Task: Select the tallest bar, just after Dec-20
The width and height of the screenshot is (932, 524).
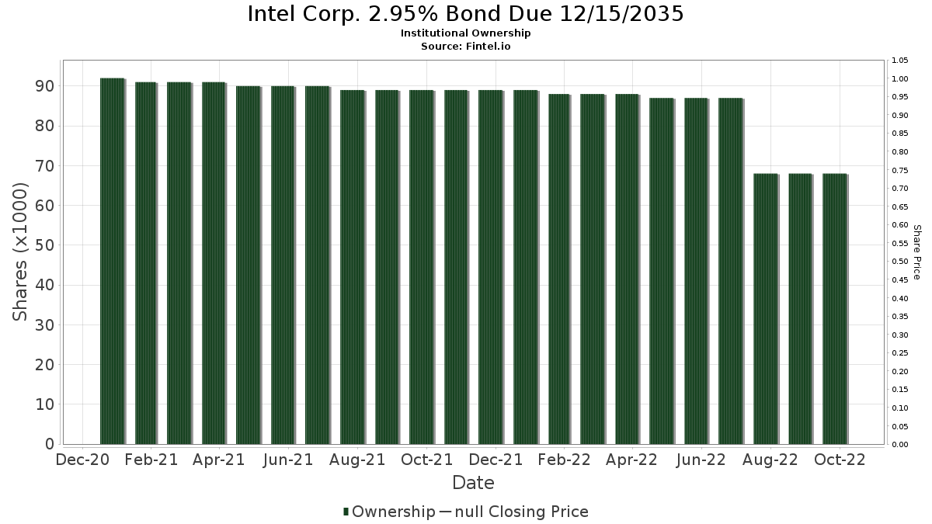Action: (112, 261)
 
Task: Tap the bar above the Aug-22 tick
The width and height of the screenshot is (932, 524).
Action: (765, 308)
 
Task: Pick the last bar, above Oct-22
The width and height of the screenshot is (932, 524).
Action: (834, 308)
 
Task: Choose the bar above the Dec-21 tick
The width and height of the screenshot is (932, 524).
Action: (490, 267)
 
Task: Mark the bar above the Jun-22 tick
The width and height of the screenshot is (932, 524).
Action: (696, 271)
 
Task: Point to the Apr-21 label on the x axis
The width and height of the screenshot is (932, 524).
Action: (220, 460)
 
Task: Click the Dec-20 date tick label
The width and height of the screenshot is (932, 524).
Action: (82, 460)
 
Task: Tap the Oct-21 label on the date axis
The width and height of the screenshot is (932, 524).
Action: (426, 460)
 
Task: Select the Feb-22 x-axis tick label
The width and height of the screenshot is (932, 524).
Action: (564, 460)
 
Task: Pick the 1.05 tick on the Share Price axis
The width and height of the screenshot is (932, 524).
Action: (901, 61)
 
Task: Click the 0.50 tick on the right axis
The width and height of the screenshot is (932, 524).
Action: (901, 262)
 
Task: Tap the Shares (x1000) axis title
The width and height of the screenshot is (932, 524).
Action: (21, 252)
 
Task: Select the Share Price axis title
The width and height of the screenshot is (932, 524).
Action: (916, 252)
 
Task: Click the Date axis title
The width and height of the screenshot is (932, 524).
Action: (473, 483)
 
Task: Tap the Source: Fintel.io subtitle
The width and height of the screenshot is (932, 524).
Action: (466, 47)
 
